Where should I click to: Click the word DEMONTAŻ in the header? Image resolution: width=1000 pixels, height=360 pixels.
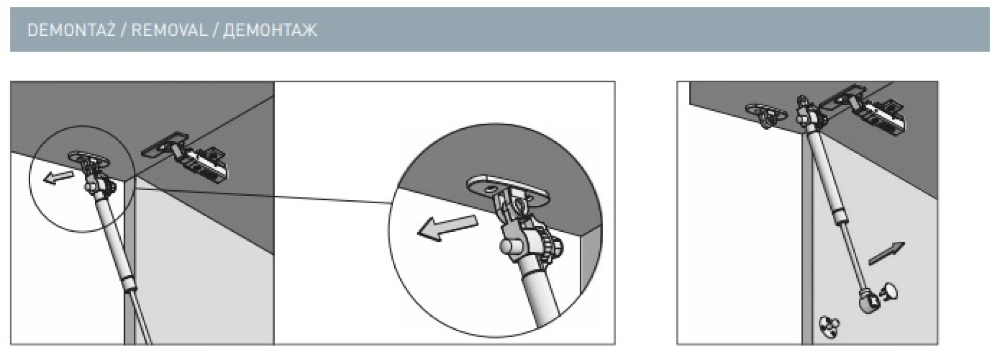pyautogui.click(x=71, y=30)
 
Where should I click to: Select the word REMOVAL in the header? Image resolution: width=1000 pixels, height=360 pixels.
pyautogui.click(x=169, y=30)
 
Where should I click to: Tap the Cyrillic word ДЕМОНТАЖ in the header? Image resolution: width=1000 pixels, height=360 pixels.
pyautogui.click(x=270, y=30)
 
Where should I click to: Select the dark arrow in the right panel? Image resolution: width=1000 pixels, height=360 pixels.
pyautogui.click(x=887, y=253)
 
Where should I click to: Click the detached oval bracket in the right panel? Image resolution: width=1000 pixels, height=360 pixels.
pyautogui.click(x=763, y=115)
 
